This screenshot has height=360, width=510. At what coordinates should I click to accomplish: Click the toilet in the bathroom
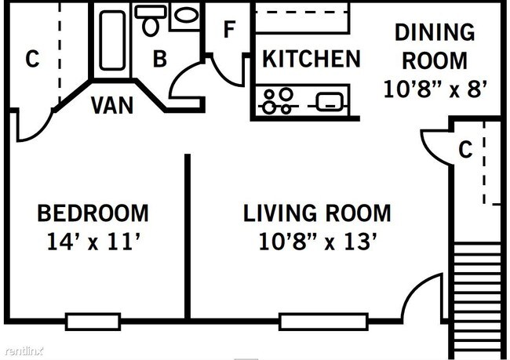[x=151, y=20]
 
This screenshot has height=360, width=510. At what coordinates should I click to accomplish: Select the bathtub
[x=112, y=40]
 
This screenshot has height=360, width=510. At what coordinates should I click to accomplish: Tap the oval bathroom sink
[x=187, y=15]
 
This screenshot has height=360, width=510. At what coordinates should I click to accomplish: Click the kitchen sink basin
[x=330, y=101]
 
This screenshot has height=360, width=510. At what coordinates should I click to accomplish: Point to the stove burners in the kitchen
[x=278, y=100]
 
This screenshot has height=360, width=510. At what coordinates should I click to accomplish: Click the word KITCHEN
[x=311, y=59]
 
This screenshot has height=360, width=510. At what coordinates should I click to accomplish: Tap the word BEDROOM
[x=93, y=213]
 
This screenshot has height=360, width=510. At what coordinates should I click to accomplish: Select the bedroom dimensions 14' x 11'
[x=93, y=242]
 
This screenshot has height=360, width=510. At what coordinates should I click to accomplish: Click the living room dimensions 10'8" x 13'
[x=318, y=242]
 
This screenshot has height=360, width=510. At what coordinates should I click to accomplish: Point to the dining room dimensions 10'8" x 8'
[x=435, y=89]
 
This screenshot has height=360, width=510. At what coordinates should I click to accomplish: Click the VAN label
[x=112, y=105]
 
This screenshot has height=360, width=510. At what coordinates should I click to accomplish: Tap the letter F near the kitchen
[x=229, y=29]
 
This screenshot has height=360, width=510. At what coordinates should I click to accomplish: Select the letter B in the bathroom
[x=160, y=59]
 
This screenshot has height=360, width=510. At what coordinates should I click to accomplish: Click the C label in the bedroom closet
[x=32, y=59]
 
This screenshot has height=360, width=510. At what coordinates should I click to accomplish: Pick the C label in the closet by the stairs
[x=465, y=149]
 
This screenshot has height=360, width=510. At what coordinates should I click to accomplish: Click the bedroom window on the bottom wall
[x=93, y=322]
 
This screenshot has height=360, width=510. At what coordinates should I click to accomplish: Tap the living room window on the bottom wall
[x=323, y=322]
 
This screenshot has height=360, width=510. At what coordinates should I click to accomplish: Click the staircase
[x=477, y=300]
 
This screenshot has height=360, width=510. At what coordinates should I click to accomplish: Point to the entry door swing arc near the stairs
[x=417, y=288]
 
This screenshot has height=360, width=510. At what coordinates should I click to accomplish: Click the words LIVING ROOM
[x=317, y=213]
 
